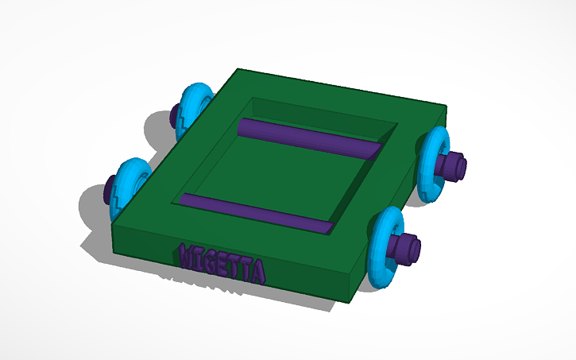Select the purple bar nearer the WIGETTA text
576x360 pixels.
[x=254, y=213]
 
